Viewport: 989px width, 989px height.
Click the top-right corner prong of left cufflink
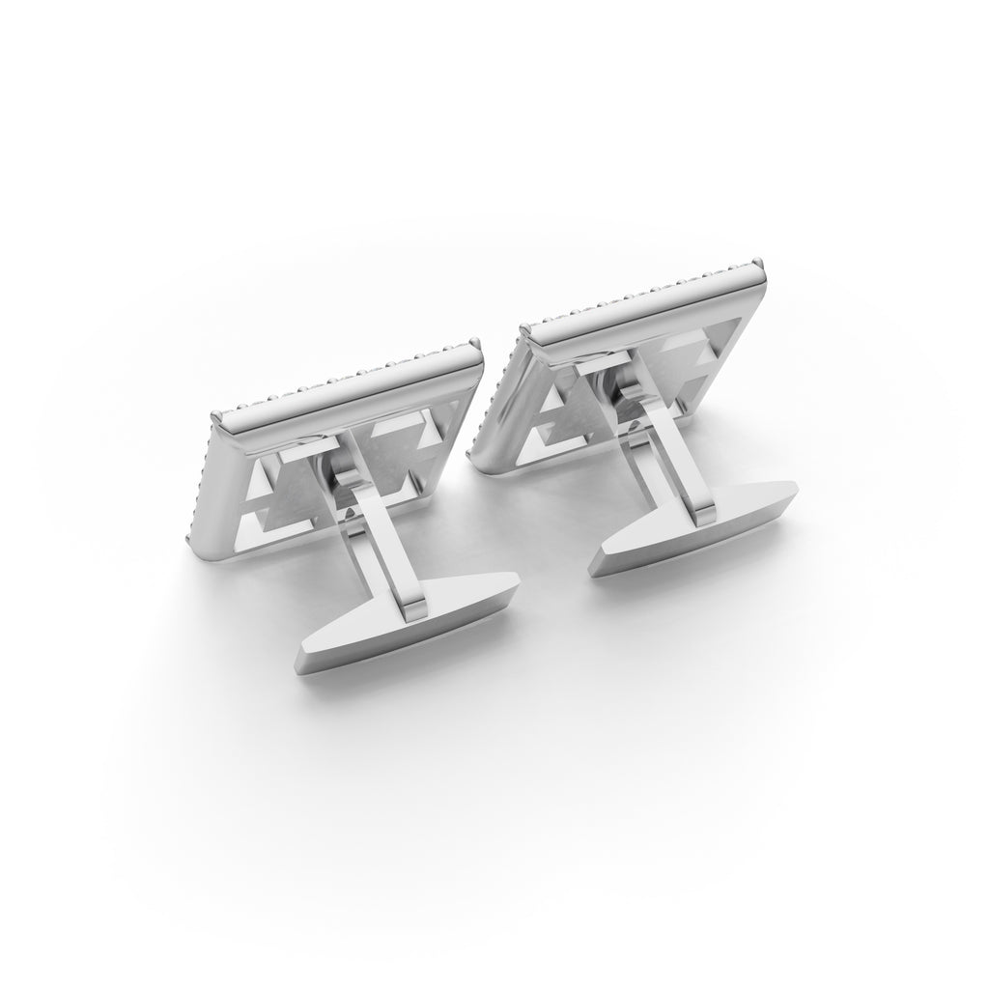(x=476, y=344)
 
